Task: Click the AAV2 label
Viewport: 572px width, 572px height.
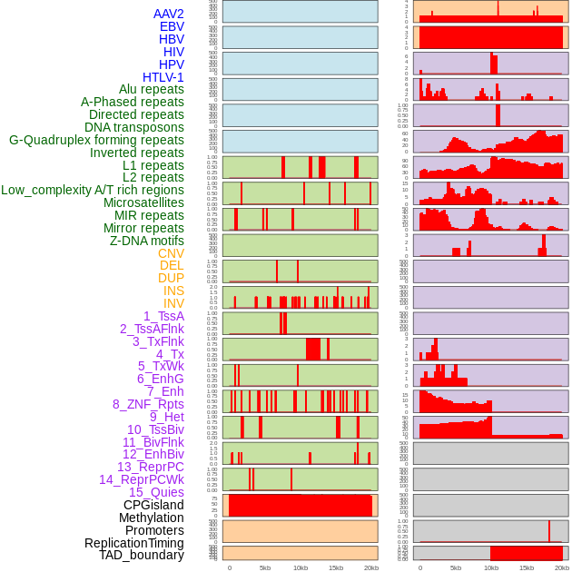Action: [168, 15]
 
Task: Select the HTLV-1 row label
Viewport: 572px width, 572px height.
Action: [163, 77]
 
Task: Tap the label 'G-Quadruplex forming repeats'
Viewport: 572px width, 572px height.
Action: [96, 140]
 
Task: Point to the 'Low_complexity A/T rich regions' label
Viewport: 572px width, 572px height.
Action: [93, 190]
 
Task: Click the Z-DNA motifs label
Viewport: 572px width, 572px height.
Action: [147, 241]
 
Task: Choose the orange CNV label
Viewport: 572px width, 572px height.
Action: [171, 253]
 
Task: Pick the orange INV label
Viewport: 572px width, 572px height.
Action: [173, 303]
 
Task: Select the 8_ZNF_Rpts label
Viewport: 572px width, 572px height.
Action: [148, 404]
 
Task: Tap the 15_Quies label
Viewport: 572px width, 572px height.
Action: [156, 492]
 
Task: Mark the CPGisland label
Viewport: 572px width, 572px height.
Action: [153, 505]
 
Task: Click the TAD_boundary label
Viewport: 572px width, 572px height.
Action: [142, 555]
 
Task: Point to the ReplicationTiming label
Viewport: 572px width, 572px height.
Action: [134, 543]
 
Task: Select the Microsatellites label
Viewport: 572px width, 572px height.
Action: [143, 202]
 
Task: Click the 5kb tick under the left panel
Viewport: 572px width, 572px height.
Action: [265, 567]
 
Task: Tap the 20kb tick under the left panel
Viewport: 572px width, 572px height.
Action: [370, 567]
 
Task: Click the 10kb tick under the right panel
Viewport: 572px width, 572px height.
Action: [491, 567]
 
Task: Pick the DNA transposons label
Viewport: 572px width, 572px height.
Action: [134, 127]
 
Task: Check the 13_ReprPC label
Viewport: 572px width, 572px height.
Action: [150, 467]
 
